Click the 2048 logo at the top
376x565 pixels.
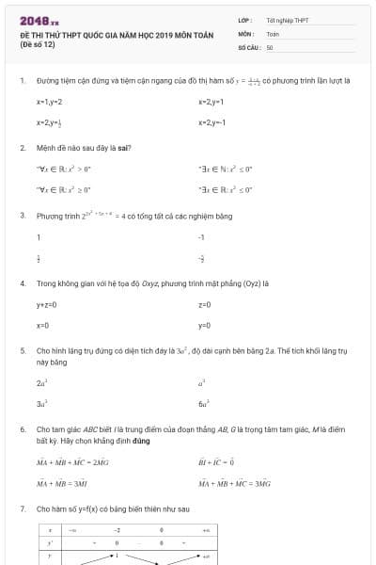coord(39,20)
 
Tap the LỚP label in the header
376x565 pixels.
coord(245,20)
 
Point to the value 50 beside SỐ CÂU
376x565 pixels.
coord(270,46)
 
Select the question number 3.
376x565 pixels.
coord(23,216)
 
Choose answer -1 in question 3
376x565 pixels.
coord(201,237)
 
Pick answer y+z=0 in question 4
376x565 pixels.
coord(47,304)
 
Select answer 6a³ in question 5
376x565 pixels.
coord(203,403)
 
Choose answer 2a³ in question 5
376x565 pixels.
coord(41,383)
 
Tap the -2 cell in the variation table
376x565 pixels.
coord(118,531)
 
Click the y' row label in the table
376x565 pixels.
coord(50,543)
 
